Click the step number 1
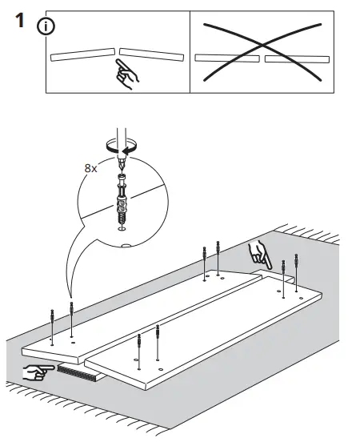click(x=19, y=20)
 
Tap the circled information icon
click(x=46, y=26)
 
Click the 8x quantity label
click(x=90, y=169)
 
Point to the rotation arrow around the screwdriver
click(x=122, y=147)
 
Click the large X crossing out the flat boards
click(x=262, y=52)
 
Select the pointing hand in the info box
click(x=126, y=74)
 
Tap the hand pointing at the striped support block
click(x=38, y=372)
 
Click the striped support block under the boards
click(x=79, y=372)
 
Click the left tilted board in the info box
click(x=83, y=54)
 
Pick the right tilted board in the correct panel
click(x=151, y=54)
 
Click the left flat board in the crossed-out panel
click(x=227, y=58)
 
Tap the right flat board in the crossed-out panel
click(x=297, y=58)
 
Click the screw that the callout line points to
click(x=71, y=319)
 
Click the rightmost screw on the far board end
click(x=296, y=272)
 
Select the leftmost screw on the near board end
click(x=52, y=327)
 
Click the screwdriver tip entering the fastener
click(x=122, y=165)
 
